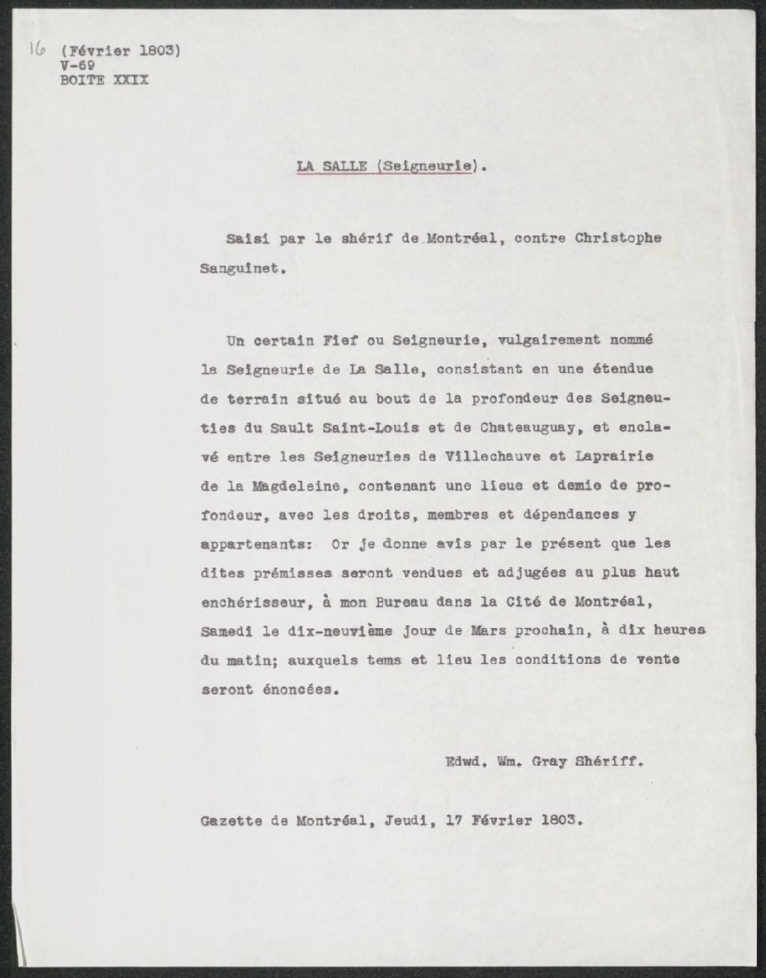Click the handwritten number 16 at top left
click(37, 51)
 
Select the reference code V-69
click(77, 66)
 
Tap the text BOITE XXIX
click(104, 80)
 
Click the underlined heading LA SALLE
click(331, 166)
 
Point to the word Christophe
click(618, 239)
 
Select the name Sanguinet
click(240, 268)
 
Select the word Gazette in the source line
click(231, 820)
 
